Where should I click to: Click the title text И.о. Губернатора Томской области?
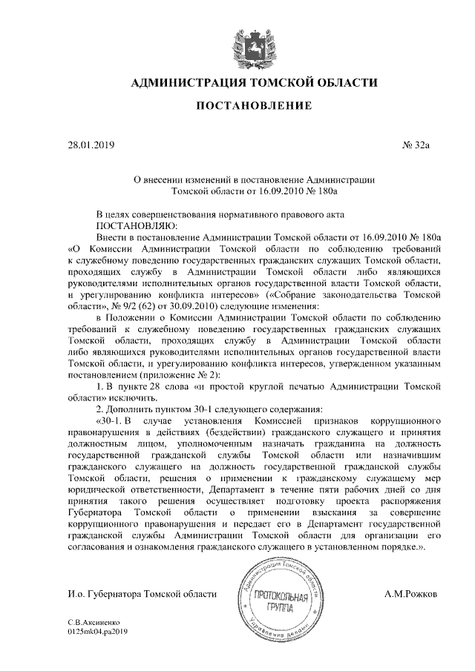(141, 594)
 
